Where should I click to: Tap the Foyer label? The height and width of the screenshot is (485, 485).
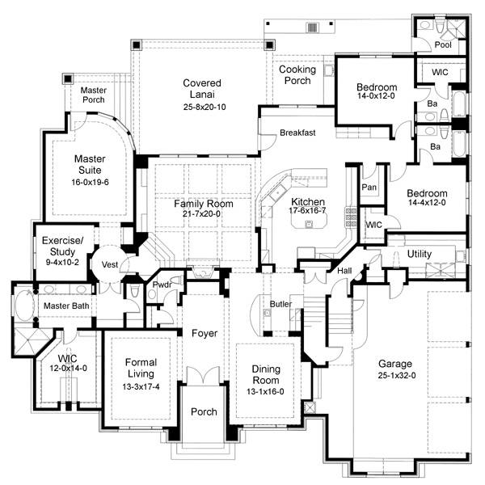coord(204,333)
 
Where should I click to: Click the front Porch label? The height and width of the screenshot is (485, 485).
coord(204,411)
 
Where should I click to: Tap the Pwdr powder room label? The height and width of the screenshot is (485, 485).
coord(159,284)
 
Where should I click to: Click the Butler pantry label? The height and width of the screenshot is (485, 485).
coord(280,304)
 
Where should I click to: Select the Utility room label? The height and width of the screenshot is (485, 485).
coord(419,254)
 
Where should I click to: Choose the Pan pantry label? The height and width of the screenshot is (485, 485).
coord(369,187)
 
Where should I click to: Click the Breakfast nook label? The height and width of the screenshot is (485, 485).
coord(297,133)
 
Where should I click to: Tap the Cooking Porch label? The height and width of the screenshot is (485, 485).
coord(297,75)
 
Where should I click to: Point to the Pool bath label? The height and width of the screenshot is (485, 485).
coord(443,45)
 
